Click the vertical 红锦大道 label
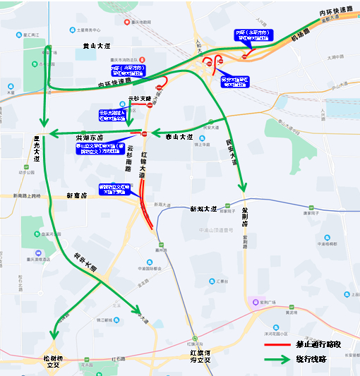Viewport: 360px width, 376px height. click(144, 164)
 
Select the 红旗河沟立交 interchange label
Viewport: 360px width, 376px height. click(200, 356)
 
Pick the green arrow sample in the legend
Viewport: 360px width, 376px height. click(278, 359)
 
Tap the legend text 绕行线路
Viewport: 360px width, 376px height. click(313, 359)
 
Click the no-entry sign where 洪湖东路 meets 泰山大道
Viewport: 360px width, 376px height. click(144, 133)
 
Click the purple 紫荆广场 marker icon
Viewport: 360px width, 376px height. click(253, 303)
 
